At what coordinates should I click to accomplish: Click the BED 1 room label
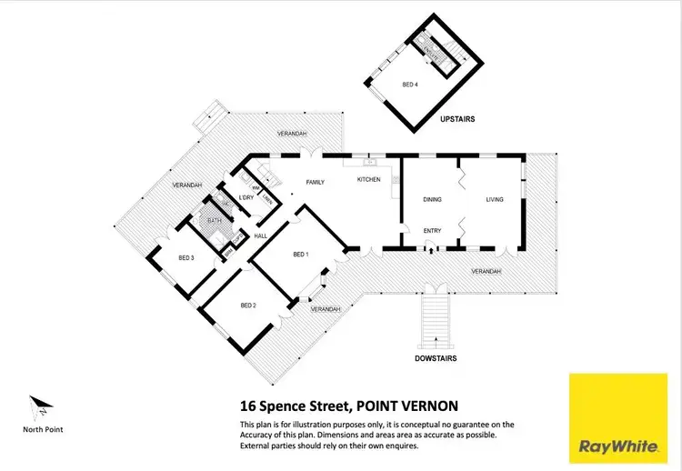pyautogui.click(x=301, y=255)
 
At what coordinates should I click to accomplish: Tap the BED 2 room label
pyautogui.click(x=248, y=306)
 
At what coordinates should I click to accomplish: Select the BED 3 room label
pyautogui.click(x=186, y=258)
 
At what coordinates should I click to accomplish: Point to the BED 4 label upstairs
pyautogui.click(x=410, y=85)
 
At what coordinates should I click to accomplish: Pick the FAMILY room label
pyautogui.click(x=316, y=182)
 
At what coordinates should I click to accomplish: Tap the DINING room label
pyautogui.click(x=432, y=199)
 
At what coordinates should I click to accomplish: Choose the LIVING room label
pyautogui.click(x=495, y=199)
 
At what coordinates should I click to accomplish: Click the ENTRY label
pyautogui.click(x=432, y=231)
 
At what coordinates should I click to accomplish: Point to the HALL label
pyautogui.click(x=259, y=235)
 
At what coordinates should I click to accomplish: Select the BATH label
pyautogui.click(x=215, y=219)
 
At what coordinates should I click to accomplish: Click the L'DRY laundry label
pyautogui.click(x=245, y=197)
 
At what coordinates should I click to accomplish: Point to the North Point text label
pyautogui.click(x=43, y=429)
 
